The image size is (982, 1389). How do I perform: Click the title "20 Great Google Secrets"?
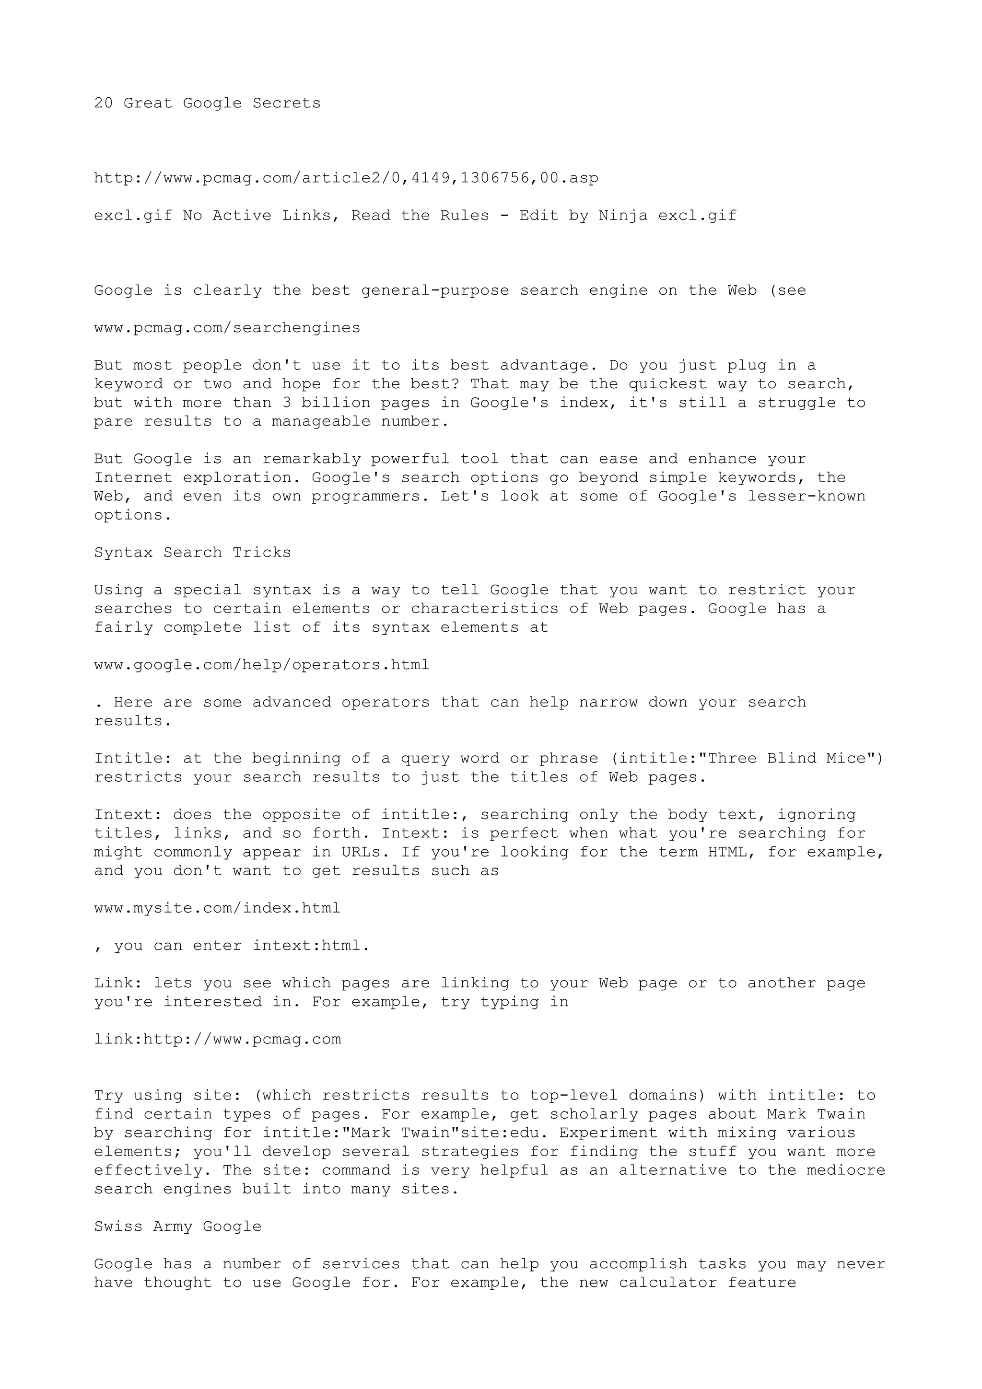coord(207,104)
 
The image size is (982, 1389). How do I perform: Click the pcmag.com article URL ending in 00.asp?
coord(346,178)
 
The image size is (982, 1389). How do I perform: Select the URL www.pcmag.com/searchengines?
coord(227,328)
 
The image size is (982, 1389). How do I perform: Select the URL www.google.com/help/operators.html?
coord(261,665)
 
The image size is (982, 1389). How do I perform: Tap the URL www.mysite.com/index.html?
coord(217,909)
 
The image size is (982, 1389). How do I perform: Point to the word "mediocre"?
coord(846,1170)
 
